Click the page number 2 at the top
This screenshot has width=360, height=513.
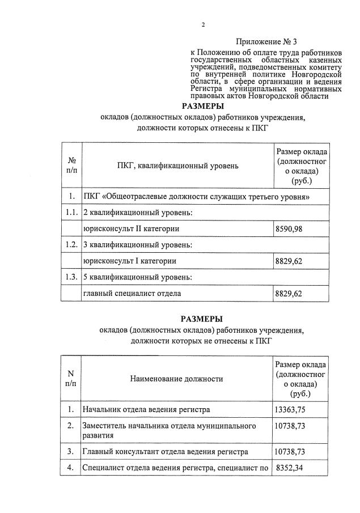click(202, 24)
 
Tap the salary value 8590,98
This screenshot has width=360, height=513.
click(289, 228)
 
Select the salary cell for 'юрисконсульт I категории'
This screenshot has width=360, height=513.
click(289, 261)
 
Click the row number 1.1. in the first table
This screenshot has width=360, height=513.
click(71, 213)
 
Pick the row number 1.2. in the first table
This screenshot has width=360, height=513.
click(71, 245)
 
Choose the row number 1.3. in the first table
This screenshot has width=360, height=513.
click(71, 277)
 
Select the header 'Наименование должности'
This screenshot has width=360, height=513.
click(176, 379)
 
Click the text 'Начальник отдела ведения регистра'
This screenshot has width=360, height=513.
click(146, 409)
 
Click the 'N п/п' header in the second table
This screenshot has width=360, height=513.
click(71, 378)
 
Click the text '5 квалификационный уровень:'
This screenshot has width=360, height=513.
click(138, 277)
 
